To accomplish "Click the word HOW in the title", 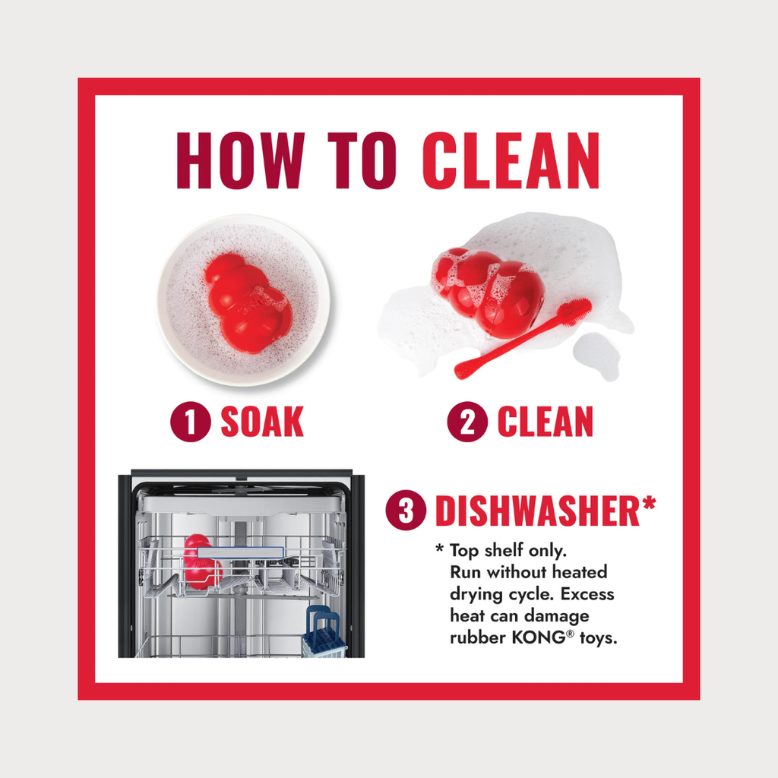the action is pyautogui.click(x=240, y=160).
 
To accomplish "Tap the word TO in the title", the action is pyautogui.click(x=362, y=160).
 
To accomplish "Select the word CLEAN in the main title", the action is pyautogui.click(x=511, y=160).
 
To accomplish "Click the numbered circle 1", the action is pyautogui.click(x=191, y=422).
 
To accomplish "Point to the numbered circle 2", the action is pyautogui.click(x=467, y=422).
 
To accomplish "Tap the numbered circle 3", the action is pyautogui.click(x=406, y=510).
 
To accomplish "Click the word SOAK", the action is pyautogui.click(x=262, y=422).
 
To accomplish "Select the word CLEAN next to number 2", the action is pyautogui.click(x=546, y=422).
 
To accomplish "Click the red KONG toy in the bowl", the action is pyautogui.click(x=248, y=304).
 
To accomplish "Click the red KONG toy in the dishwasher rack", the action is pyautogui.click(x=200, y=562).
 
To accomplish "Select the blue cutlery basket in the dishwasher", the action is pyautogui.click(x=324, y=633).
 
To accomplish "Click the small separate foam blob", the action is pyautogui.click(x=597, y=356).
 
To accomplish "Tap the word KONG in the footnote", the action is pyautogui.click(x=539, y=637).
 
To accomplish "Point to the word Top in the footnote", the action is pyautogui.click(x=464, y=551).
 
